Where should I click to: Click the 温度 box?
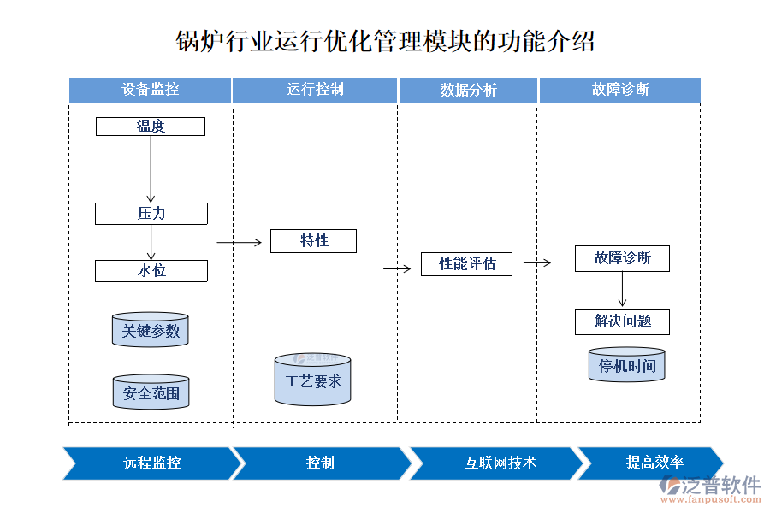[x=151, y=127]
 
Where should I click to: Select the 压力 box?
[x=151, y=214]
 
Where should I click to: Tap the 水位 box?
[x=151, y=271]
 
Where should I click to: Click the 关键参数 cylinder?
[x=151, y=330]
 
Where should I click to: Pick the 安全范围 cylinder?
[x=151, y=392]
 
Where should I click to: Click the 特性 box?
[x=313, y=241]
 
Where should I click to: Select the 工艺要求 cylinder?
[x=313, y=380]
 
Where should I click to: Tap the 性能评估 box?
[x=466, y=264]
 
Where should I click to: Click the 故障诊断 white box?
[x=622, y=258]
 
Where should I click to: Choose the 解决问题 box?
[x=622, y=321]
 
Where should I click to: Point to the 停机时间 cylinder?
[x=627, y=365]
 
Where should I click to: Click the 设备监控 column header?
[x=151, y=90]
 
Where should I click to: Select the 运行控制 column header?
[x=315, y=90]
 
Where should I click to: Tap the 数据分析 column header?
[x=468, y=90]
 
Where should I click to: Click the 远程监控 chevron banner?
[x=151, y=463]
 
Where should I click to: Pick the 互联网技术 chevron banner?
[x=500, y=463]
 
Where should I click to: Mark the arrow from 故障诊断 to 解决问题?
[x=622, y=290]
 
